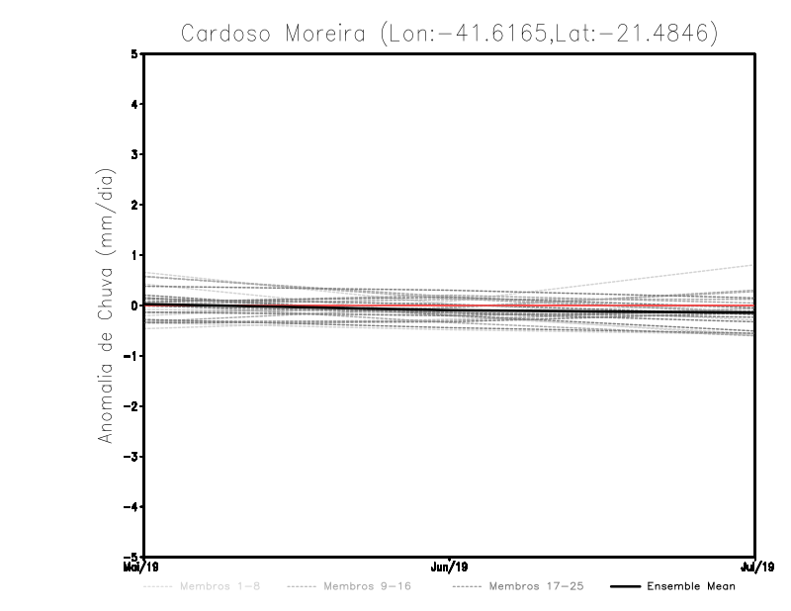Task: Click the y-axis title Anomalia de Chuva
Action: click(x=105, y=305)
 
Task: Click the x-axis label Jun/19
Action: click(x=450, y=567)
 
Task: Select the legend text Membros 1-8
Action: click(x=220, y=587)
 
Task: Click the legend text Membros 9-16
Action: click(x=366, y=587)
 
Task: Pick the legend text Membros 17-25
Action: click(x=536, y=587)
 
